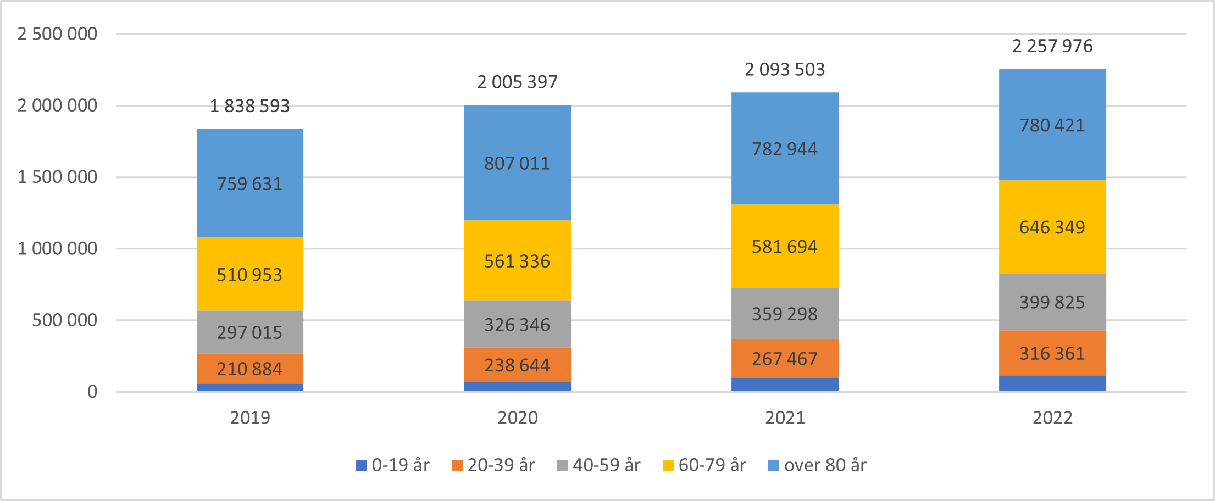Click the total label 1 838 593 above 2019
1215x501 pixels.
click(249, 105)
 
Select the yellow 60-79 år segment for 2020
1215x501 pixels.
click(517, 261)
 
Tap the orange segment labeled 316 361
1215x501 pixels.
click(1052, 353)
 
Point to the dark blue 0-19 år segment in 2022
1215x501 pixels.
click(1052, 383)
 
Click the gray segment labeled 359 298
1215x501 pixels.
click(784, 314)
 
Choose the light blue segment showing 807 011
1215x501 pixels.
click(517, 163)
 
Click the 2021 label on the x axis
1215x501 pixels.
click(785, 417)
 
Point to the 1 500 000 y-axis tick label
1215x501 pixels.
click(57, 177)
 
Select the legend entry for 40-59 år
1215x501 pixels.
click(599, 465)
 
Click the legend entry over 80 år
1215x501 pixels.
click(818, 465)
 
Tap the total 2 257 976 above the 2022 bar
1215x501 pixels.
click(1052, 46)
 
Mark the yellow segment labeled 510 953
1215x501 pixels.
click(249, 275)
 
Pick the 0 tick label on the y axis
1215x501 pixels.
click(92, 392)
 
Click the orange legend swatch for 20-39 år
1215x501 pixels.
click(457, 465)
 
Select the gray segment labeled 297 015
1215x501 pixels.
click(249, 332)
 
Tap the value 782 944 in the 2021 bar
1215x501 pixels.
click(784, 149)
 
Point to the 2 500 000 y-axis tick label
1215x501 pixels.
click(57, 34)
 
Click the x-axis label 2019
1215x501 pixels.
click(250, 417)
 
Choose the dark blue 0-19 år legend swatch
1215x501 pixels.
click(362, 465)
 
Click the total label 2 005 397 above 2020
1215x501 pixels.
click(517, 82)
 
